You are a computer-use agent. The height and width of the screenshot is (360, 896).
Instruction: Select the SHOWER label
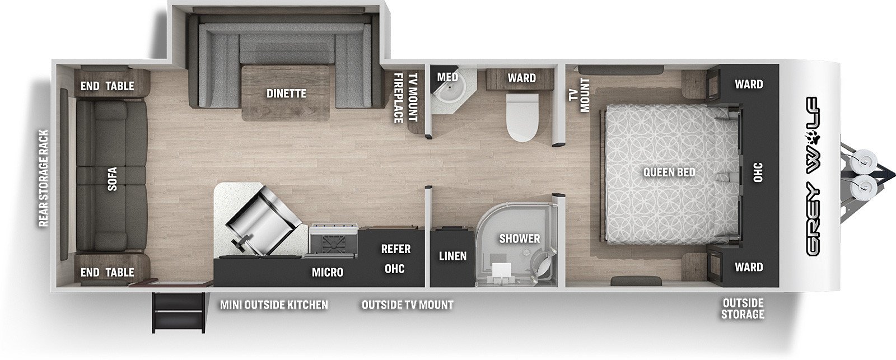pos(520,239)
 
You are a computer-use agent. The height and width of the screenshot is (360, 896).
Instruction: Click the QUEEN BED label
pos(669,172)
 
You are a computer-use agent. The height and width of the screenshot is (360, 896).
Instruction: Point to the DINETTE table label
pos(286,93)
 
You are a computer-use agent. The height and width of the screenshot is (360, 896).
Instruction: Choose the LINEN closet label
pos(453,256)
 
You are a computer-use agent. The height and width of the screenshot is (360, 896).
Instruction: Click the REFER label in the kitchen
pos(395,249)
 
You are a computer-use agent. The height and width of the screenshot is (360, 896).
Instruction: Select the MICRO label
pos(328,273)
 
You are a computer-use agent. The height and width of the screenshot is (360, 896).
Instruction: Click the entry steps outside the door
pos(178,313)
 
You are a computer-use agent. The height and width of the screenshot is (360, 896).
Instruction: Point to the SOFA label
pos(113,179)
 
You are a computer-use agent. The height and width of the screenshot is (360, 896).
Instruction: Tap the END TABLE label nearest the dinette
pos(107,86)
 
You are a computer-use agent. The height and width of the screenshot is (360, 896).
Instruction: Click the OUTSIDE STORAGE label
pos(743,308)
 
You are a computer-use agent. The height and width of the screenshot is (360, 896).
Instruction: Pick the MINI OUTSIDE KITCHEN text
pos(274,305)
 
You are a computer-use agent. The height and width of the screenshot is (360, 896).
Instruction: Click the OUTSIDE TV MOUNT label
pos(408,305)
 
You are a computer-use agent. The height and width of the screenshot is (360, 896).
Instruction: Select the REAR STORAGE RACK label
pos(43,179)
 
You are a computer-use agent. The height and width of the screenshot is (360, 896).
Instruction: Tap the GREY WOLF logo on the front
pos(813,176)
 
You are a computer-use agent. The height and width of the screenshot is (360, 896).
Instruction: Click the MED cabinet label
pos(447,77)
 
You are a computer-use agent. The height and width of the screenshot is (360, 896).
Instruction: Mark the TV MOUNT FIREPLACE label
pos(405,97)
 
